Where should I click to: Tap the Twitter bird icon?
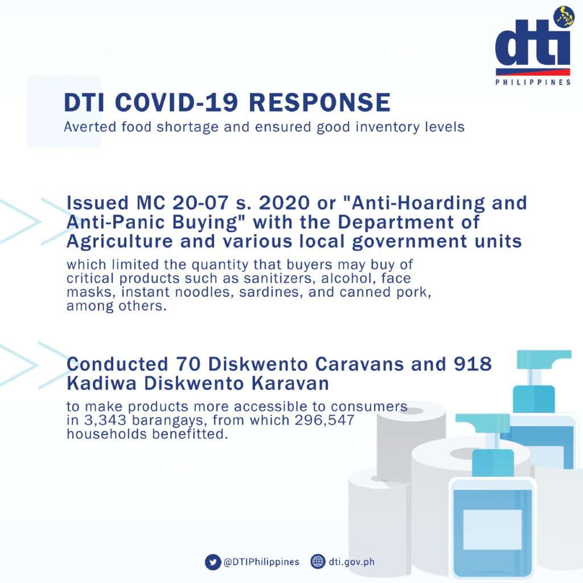coord(213,562)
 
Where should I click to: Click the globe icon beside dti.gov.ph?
coord(318,561)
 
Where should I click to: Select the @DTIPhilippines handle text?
coord(261,562)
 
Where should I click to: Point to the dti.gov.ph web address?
coord(352,562)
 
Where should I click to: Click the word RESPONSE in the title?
coord(320,102)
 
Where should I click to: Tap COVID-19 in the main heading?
coord(176,102)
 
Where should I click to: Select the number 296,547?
coord(324,421)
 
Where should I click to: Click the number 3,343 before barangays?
coord(105,421)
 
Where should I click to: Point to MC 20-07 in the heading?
coord(182,203)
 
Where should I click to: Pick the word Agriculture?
coord(120,242)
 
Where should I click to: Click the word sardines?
coord(269,292)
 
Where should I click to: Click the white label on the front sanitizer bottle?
coord(492,529)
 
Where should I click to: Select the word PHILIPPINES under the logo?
coord(533,82)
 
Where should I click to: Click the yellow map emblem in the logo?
coord(564,17)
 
